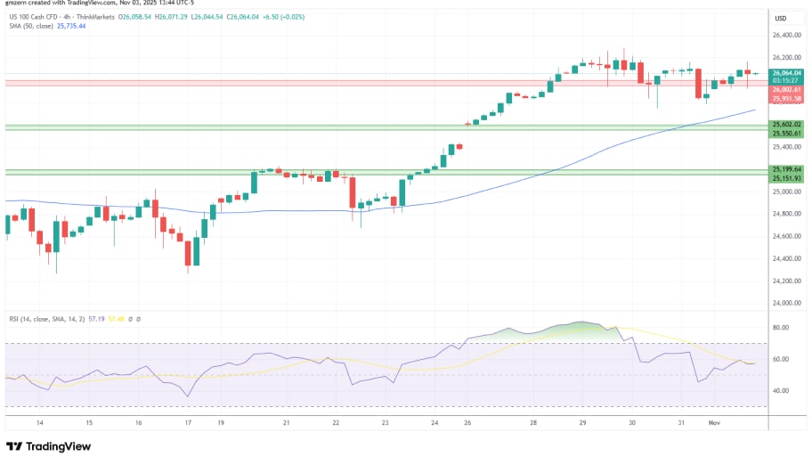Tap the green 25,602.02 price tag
point(787,125)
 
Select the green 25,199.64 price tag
point(787,168)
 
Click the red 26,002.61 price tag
point(787,89)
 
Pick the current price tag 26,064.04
point(787,72)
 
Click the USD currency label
point(781,19)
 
